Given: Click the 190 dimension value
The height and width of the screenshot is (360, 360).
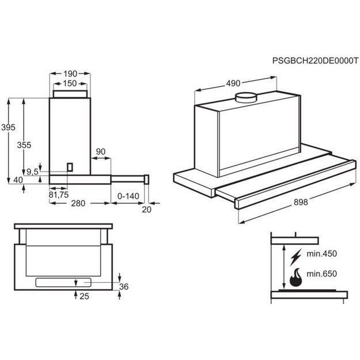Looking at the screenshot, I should tap(70, 74).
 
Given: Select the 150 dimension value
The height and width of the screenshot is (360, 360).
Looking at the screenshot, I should tap(70, 84).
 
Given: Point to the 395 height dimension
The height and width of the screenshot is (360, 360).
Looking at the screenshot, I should tap(7, 127).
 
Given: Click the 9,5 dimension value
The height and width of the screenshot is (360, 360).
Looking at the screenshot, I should tap(33, 171).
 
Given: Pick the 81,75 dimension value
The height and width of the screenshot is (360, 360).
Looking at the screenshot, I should tap(58, 194).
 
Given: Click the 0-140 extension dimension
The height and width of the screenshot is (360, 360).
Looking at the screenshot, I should tap(128, 196).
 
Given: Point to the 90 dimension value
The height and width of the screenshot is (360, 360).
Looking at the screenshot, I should tap(101, 151).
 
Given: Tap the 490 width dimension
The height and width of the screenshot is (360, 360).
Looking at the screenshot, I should tap(233, 84).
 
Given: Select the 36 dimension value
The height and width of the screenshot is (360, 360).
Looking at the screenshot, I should tap(123, 286).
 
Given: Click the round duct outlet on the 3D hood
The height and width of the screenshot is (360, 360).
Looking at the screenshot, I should tap(248, 97).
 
